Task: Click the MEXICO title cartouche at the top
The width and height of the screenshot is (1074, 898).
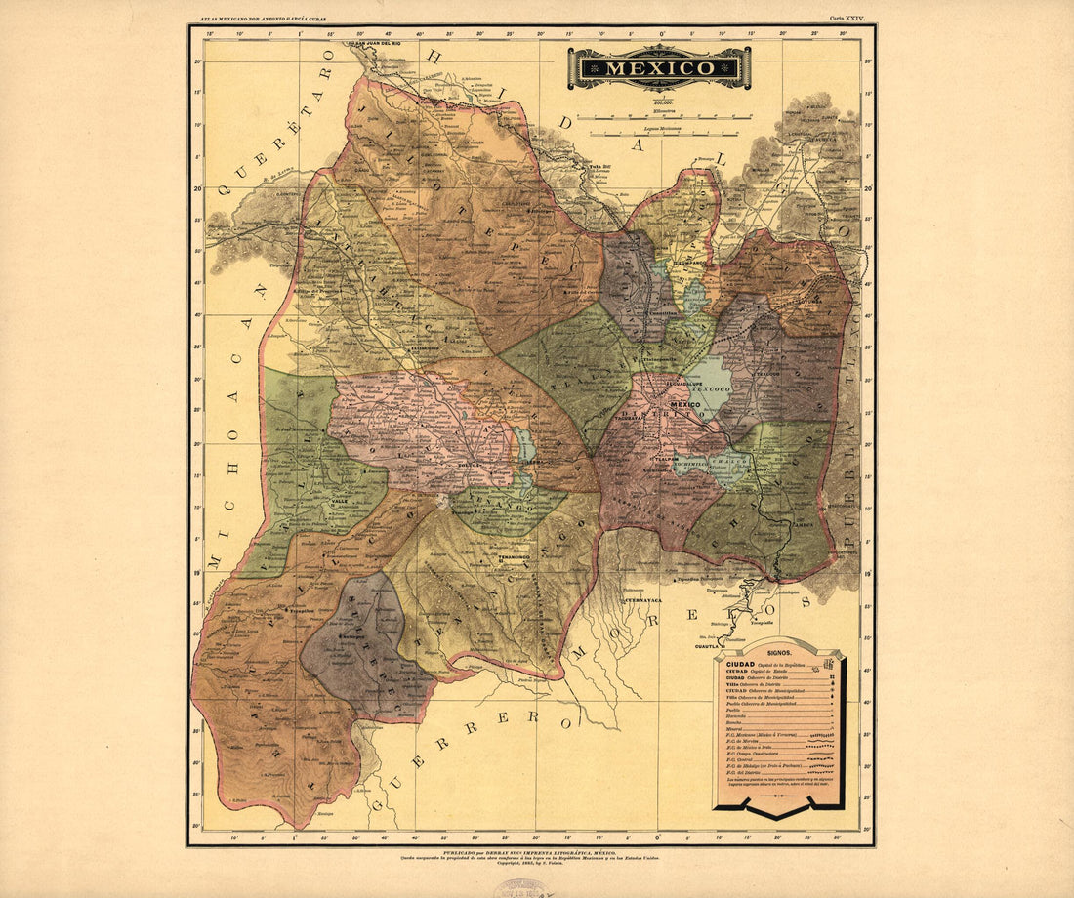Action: [659, 68]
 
